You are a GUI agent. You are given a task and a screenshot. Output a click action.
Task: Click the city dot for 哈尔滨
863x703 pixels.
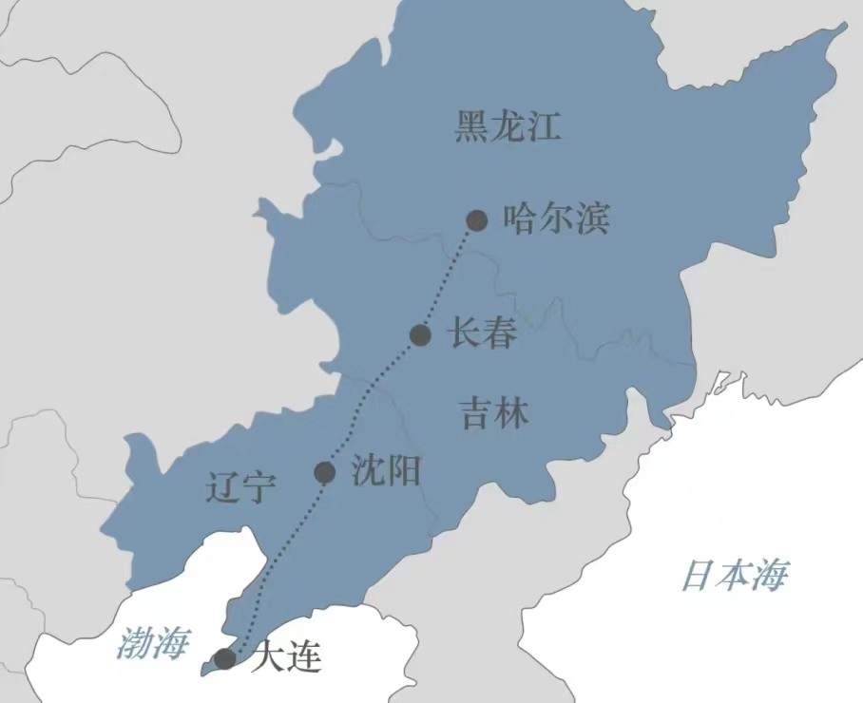[477, 220]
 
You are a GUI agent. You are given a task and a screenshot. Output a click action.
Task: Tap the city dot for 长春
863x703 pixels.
[421, 334]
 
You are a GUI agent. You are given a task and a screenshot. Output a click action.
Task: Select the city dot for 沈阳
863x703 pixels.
[325, 472]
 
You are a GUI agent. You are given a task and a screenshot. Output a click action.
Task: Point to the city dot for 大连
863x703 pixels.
[225, 658]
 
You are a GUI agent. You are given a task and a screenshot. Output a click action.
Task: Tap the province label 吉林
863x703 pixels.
[494, 413]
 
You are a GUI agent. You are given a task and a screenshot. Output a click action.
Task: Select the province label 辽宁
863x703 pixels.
[240, 488]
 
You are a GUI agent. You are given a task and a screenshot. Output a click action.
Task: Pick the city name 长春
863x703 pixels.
[482, 333]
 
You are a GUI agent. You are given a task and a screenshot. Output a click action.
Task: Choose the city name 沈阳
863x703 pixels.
[385, 470]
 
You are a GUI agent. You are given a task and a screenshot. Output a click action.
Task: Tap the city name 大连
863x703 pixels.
[285, 657]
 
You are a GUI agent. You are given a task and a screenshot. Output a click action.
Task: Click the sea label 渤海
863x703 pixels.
[153, 643]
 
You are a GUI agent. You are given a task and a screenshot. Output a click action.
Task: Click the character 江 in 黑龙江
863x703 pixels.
[544, 126]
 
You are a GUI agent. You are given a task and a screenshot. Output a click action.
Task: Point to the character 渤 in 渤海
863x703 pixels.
[135, 643]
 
